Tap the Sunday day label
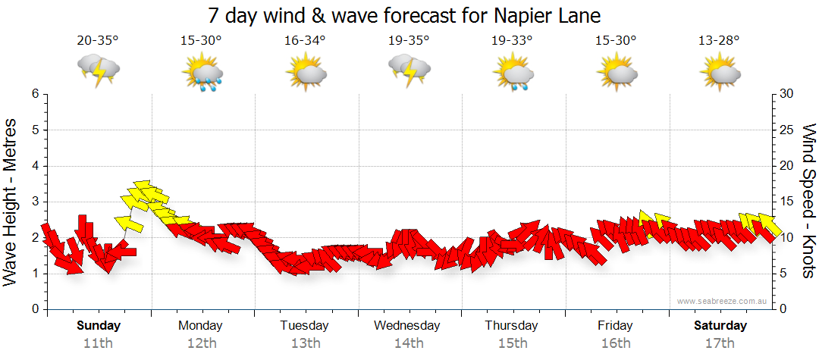[x=98, y=326]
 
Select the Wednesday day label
[x=407, y=326]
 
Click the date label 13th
[x=305, y=343]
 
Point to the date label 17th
[x=720, y=343]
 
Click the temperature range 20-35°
[x=98, y=41]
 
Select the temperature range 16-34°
[x=305, y=41]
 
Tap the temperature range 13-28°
[x=720, y=41]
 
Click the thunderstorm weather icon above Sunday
[x=99, y=70]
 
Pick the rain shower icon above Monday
[x=202, y=73]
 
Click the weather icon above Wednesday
[x=409, y=70]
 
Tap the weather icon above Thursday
[x=513, y=73]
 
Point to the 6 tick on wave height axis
[x=34, y=94]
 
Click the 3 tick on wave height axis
[x=34, y=202]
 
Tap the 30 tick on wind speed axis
[x=787, y=94]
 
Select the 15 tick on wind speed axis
[x=787, y=202]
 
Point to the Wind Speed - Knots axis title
[x=808, y=201]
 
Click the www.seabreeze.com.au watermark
[x=723, y=301]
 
